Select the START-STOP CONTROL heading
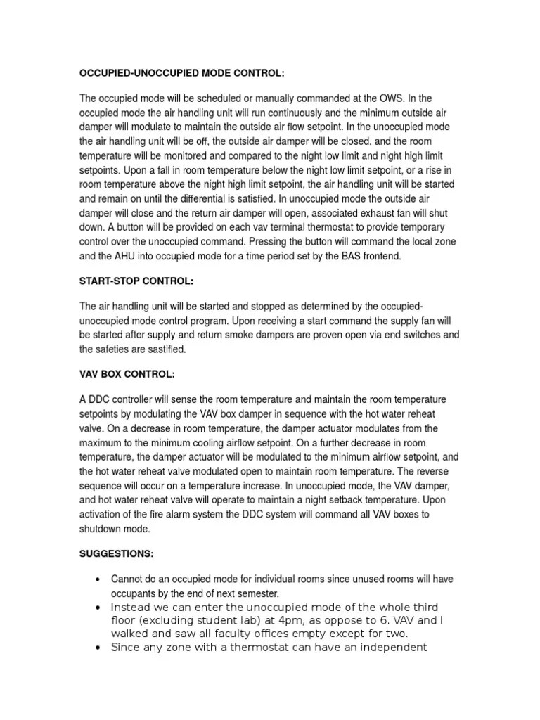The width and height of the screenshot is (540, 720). (x=136, y=281)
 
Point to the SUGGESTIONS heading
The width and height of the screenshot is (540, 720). (x=116, y=554)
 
